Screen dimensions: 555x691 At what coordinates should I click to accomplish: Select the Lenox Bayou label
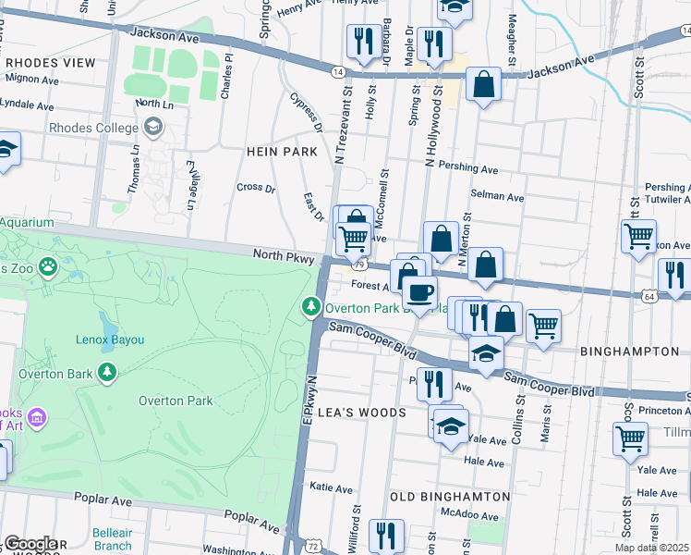110,339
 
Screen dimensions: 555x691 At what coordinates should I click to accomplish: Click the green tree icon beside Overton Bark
109,372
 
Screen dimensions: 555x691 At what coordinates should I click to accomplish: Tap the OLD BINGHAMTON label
450,497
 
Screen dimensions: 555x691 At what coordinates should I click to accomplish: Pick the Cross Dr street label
256,188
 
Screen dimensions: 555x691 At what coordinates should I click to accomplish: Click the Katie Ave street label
332,487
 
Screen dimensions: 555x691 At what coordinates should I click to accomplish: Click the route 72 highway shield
314,547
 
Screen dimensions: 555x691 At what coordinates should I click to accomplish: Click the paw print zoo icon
47,268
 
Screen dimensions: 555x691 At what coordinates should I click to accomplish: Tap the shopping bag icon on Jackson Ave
483,85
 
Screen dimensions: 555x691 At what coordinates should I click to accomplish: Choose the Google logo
30,544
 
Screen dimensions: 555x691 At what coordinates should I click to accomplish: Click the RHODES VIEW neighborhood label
50,62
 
